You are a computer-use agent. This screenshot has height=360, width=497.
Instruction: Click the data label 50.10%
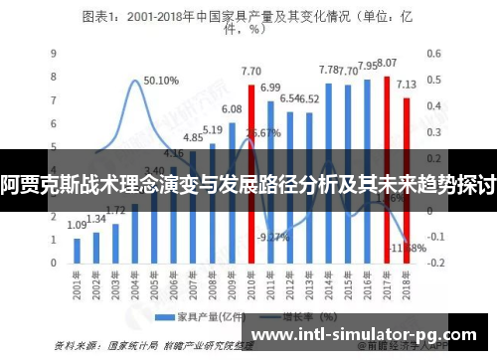[x=161, y=81]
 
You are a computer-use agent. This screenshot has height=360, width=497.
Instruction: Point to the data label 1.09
[x=77, y=225]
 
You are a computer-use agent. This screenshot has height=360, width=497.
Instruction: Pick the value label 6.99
[x=270, y=88]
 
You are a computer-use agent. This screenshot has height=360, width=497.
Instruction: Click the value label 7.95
[x=367, y=65]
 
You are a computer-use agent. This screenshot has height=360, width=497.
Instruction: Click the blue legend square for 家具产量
[x=170, y=316]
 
